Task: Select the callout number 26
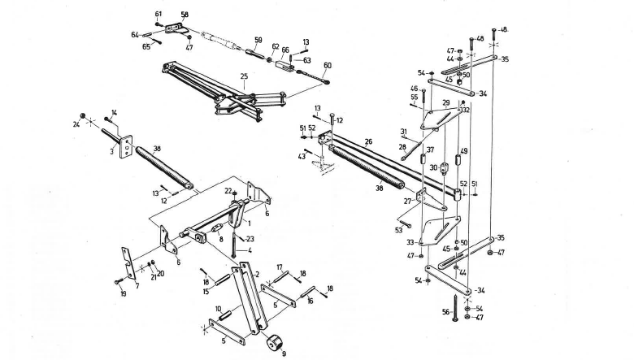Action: pyautogui.click(x=368, y=141)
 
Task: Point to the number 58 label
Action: pyautogui.click(x=184, y=15)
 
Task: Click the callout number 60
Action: pyautogui.click(x=328, y=66)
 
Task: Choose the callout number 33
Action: pyautogui.click(x=410, y=241)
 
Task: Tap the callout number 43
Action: pyautogui.click(x=302, y=156)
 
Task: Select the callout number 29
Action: pyautogui.click(x=445, y=103)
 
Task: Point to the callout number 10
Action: pyautogui.click(x=219, y=308)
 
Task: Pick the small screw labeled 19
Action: pyautogui.click(x=119, y=281)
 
